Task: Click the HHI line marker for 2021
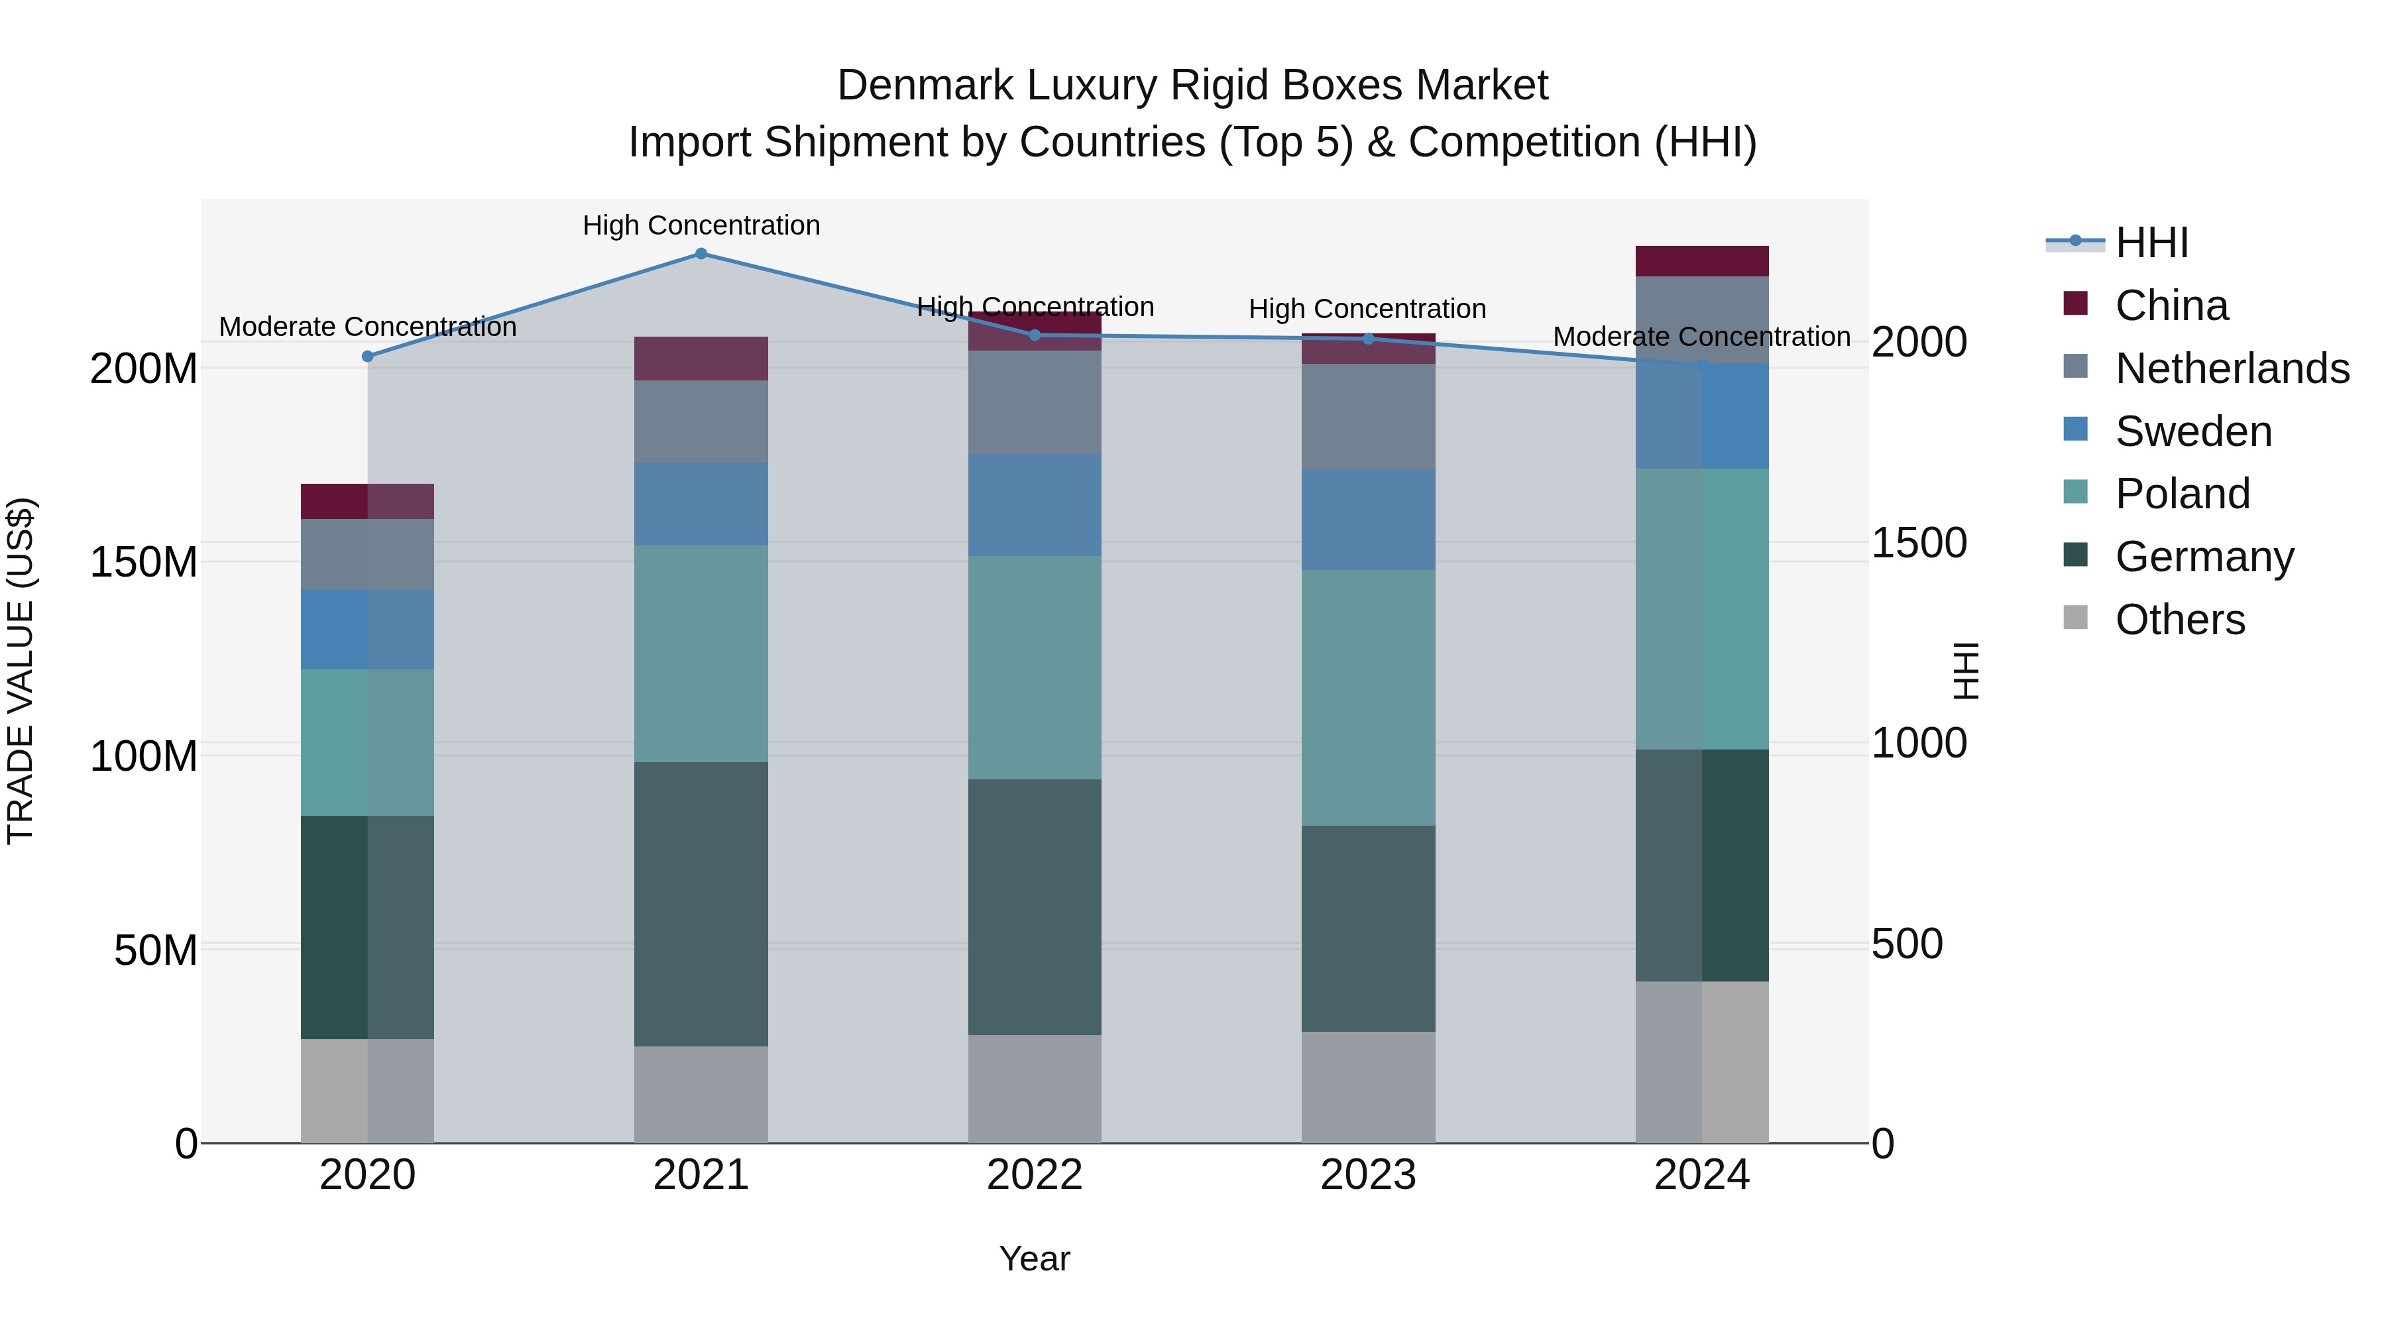[701, 254]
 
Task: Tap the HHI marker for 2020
[368, 357]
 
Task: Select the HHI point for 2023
[1368, 339]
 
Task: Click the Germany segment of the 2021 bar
[701, 904]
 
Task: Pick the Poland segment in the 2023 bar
[1368, 697]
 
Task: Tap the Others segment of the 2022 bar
[1035, 1089]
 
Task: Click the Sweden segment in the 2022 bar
[1035, 505]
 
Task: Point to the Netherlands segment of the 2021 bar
[701, 421]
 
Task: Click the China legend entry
[2171, 306]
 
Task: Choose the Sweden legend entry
[2192, 431]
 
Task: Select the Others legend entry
[2179, 620]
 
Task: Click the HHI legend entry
[2151, 243]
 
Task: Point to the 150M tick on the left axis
[144, 562]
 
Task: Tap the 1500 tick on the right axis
[1919, 543]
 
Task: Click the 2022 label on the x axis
[1035, 1175]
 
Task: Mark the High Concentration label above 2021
[701, 225]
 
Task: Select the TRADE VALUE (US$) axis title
[21, 671]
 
